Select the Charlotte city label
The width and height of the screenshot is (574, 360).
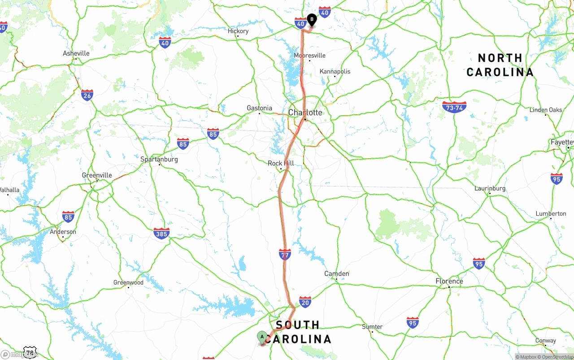(x=305, y=113)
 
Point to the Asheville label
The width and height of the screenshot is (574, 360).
(x=76, y=53)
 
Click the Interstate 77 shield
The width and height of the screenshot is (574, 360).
(x=285, y=254)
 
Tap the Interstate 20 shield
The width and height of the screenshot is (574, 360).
(x=305, y=301)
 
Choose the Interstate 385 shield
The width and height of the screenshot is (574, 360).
(x=161, y=233)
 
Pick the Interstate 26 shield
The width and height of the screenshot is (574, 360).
(x=87, y=95)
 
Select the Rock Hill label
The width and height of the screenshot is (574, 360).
(x=281, y=163)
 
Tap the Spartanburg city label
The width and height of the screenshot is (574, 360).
(x=159, y=159)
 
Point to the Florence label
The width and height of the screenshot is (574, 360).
(x=449, y=281)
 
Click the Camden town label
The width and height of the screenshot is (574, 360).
(x=337, y=273)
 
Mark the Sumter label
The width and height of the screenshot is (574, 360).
(x=372, y=327)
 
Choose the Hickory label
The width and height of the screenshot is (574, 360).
(x=238, y=31)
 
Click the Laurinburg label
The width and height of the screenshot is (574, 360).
(x=490, y=188)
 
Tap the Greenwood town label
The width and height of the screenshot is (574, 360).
(x=128, y=282)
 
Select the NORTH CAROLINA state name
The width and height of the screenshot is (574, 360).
(x=500, y=65)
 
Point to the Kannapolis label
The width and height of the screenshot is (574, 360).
(x=335, y=71)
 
